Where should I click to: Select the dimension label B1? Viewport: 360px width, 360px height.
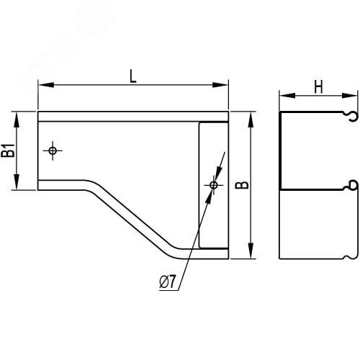[9, 150]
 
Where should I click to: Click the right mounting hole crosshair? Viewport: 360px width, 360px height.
[213, 185]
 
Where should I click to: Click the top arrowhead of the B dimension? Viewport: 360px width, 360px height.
[251, 116]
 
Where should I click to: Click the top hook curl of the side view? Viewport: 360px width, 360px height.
[351, 115]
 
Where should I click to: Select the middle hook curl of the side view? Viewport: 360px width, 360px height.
[351, 185]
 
